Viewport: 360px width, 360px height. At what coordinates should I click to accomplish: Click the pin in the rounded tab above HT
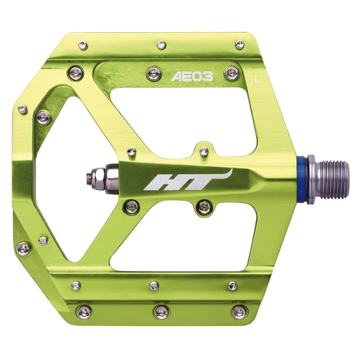pos(203,150)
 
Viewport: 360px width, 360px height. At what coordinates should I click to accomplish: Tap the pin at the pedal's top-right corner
pos(239,44)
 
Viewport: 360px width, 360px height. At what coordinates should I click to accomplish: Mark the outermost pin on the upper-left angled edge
pos(22,108)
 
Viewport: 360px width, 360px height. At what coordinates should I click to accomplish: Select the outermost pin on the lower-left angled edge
pos(22,247)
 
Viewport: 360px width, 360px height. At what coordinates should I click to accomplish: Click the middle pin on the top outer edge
pos(161,44)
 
